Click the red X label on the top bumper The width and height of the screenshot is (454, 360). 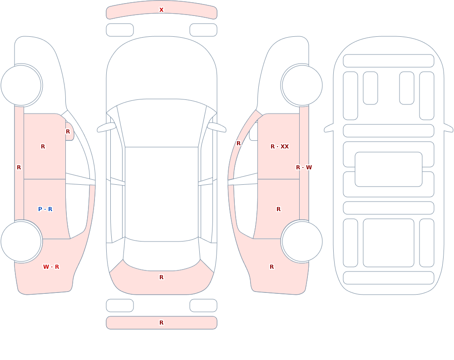click(x=161, y=10)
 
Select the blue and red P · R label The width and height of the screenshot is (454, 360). click(x=45, y=209)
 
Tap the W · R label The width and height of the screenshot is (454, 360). click(x=51, y=267)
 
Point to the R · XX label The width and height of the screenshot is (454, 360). click(x=280, y=147)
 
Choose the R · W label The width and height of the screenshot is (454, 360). click(x=304, y=168)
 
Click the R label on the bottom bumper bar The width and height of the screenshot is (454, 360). click(x=161, y=323)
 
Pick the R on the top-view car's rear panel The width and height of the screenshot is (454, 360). click(x=161, y=277)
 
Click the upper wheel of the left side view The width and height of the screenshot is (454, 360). click(x=21, y=85)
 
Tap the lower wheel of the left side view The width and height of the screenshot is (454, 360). click(x=21, y=241)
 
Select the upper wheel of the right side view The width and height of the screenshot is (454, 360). click(x=302, y=85)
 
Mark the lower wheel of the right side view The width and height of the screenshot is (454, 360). click(x=302, y=241)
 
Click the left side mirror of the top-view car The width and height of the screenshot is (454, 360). click(x=106, y=127)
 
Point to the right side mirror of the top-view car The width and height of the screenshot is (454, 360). click(x=217, y=127)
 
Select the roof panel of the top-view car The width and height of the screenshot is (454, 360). click(x=162, y=194)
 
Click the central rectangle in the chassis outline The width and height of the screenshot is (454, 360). click(x=389, y=169)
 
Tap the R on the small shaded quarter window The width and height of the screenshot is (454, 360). click(x=68, y=132)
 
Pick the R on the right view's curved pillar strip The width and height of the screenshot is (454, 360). click(x=239, y=143)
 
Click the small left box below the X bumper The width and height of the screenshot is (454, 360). click(x=120, y=30)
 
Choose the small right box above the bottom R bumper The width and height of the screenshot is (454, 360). click(x=203, y=306)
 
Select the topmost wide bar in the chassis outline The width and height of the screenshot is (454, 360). click(x=389, y=61)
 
